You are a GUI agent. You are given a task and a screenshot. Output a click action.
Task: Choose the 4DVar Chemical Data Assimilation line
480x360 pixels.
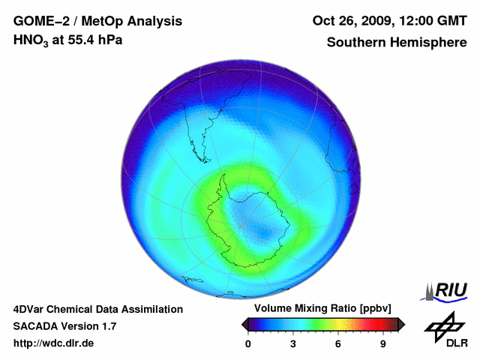97,309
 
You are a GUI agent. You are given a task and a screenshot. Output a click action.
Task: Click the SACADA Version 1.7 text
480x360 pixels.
64,326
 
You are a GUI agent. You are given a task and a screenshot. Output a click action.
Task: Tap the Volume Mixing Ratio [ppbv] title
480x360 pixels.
323,309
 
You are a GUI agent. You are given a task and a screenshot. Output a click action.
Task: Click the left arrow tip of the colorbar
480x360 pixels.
244,324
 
